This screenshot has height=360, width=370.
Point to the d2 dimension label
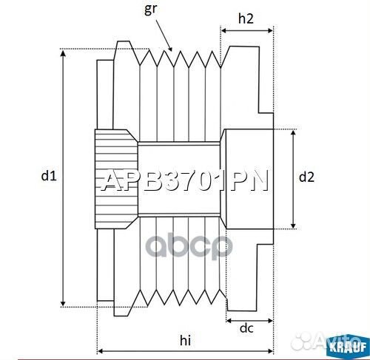click(x=306, y=177)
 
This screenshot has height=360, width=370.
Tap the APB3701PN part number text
click(x=184, y=182)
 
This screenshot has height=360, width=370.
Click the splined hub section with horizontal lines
click(x=115, y=178)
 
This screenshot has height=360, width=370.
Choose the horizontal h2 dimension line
click(x=246, y=30)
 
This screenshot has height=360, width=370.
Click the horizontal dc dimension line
click(x=249, y=319)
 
